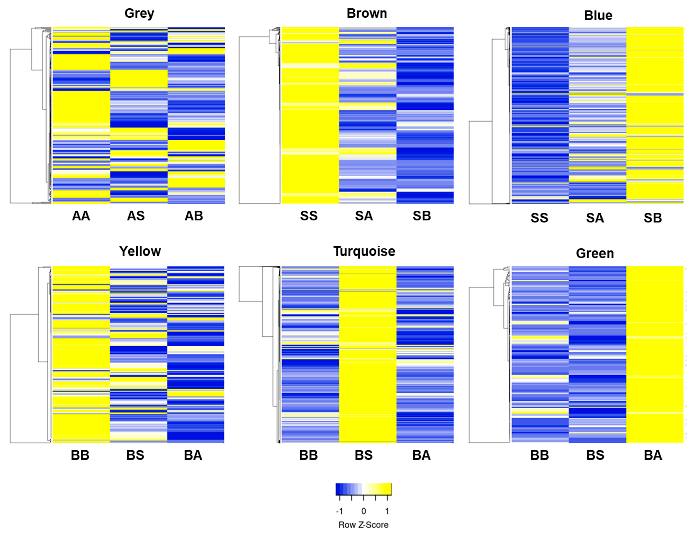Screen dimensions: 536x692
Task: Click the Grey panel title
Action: tap(139, 13)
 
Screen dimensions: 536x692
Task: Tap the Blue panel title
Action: tap(598, 15)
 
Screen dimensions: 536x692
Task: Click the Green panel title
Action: tap(595, 253)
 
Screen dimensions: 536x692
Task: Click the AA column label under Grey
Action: tap(81, 216)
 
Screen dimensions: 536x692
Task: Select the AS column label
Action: tap(136, 216)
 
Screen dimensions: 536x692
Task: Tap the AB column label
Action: tap(194, 216)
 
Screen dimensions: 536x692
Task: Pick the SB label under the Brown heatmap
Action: tap(422, 216)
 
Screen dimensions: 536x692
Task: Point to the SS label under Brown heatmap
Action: tap(309, 216)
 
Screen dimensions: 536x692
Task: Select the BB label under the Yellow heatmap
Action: tap(80, 455)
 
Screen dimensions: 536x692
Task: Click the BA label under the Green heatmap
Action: tap(653, 455)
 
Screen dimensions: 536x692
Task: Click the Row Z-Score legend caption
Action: tap(363, 525)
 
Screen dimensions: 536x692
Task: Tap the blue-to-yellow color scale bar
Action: tap(363, 489)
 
